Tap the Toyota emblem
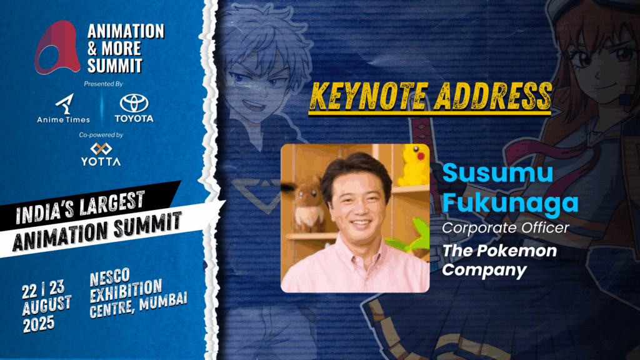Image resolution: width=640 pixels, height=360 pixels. point(134,103)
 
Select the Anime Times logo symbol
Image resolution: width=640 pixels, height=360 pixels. point(64,104)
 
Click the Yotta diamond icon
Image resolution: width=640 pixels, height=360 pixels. point(101,149)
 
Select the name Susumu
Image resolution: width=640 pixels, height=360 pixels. point(497,173)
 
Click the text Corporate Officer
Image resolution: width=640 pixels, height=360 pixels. point(505,227)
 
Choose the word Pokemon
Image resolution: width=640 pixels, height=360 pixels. point(519,250)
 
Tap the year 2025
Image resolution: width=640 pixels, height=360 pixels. point(39,324)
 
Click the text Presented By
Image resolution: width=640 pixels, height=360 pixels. point(103,84)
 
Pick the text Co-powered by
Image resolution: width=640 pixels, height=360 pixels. point(101,135)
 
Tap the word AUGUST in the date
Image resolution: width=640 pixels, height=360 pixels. point(47,305)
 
